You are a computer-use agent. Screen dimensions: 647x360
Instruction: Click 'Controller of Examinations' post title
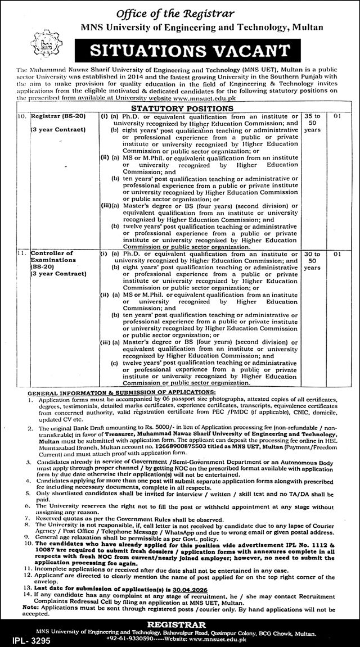click(53, 257)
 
